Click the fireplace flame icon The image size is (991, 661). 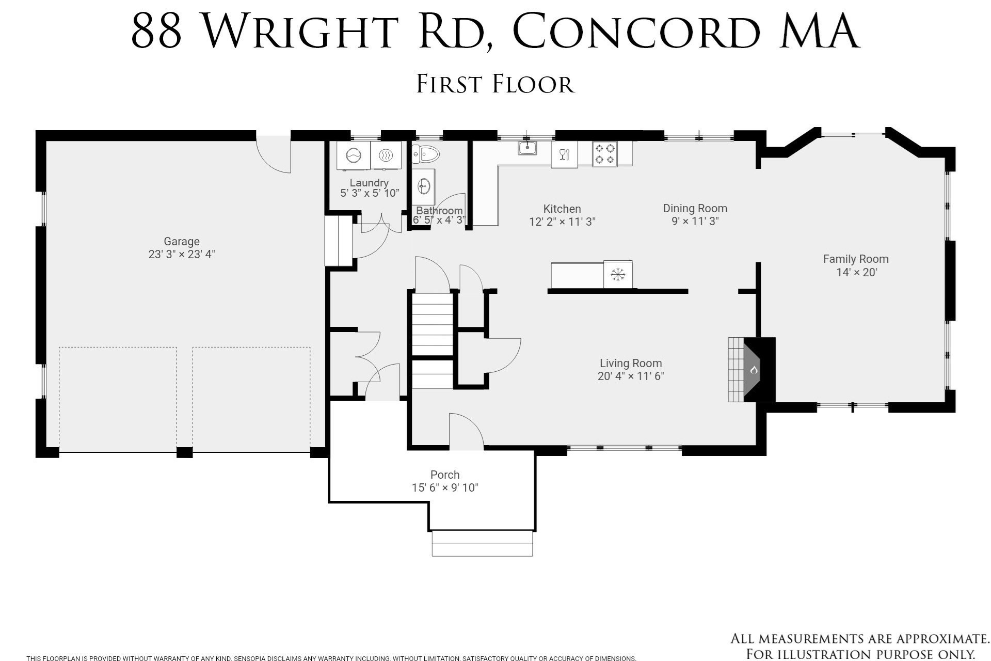[x=754, y=370]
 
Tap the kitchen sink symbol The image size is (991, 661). [x=528, y=148]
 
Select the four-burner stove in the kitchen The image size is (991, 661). [x=604, y=154]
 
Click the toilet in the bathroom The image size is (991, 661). [x=427, y=153]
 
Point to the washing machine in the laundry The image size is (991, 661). [x=354, y=155]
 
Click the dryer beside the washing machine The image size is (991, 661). [x=386, y=155]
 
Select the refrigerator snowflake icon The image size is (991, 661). [x=617, y=274]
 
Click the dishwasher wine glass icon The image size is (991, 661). [x=564, y=154]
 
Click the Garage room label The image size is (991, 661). [x=181, y=241]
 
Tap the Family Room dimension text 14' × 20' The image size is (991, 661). [x=856, y=272]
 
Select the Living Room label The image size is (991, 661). [x=630, y=363]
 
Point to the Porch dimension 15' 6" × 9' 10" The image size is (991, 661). [x=445, y=487]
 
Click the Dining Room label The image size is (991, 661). [x=695, y=208]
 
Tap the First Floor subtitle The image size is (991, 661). [x=495, y=84]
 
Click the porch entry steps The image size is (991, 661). [x=482, y=543]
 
